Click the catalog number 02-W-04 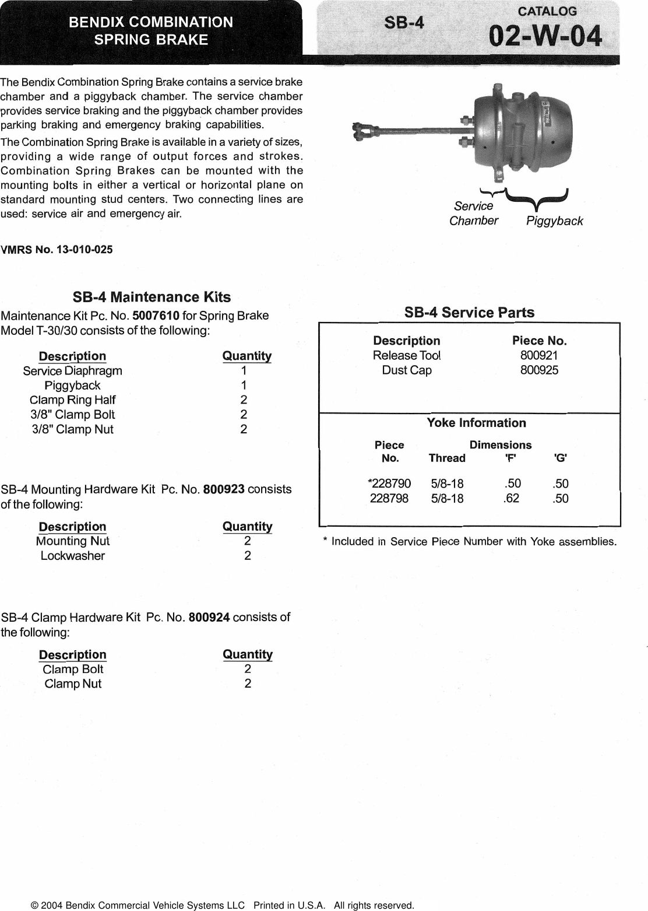tap(545, 36)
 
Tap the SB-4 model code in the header tap(404, 23)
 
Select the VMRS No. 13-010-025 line tap(57, 250)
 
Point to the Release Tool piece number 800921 tap(539, 355)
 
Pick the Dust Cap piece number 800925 tap(539, 370)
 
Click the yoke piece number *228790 tap(389, 483)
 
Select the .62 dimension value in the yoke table tap(511, 498)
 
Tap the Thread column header tap(447, 458)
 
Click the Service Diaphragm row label tap(72, 371)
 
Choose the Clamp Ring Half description tap(72, 400)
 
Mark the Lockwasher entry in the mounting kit tap(72, 556)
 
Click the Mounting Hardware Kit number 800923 tap(223, 489)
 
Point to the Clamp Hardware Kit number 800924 tap(209, 617)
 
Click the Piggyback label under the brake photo tap(554, 221)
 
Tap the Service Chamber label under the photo tap(473, 213)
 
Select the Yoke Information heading tap(476, 423)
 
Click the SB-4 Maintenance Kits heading tap(152, 297)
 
